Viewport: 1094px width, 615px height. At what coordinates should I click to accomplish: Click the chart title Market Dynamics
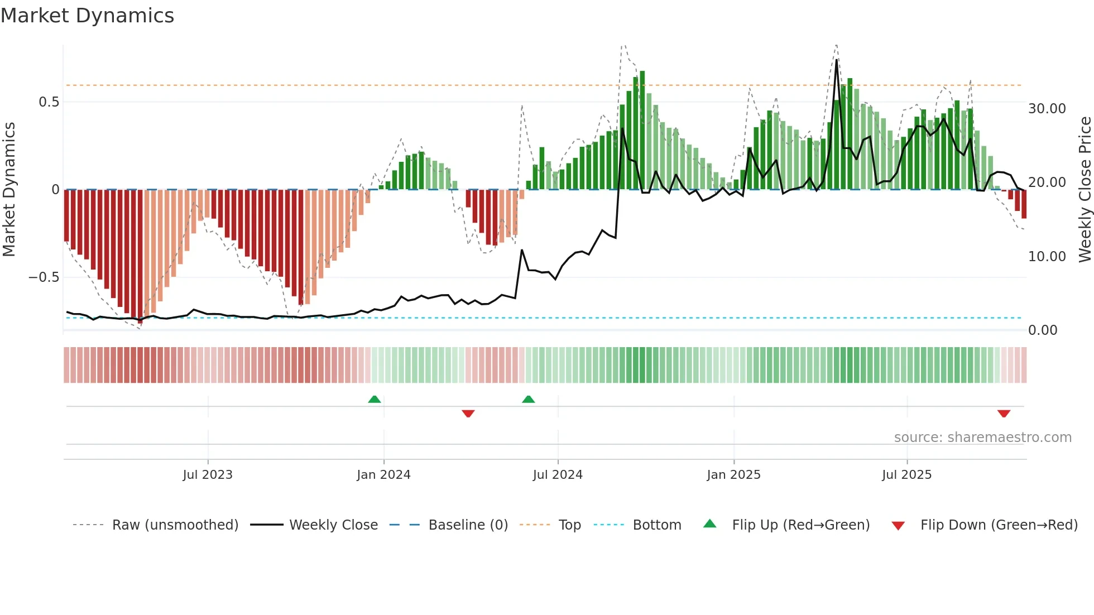tap(87, 16)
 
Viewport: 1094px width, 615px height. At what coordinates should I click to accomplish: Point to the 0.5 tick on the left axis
tap(49, 102)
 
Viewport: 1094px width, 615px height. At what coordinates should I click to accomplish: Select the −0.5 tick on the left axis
tap(44, 277)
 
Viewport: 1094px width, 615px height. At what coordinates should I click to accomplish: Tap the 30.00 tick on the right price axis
tap(1047, 109)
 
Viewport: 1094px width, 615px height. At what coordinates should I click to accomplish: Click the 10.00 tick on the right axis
tap(1047, 257)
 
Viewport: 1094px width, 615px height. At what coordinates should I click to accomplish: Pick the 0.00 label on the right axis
tap(1042, 330)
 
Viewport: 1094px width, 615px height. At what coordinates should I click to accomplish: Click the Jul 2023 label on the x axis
tap(208, 475)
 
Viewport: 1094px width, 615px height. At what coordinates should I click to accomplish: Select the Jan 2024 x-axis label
tap(383, 475)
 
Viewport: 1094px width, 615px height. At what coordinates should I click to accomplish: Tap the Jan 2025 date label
tap(733, 475)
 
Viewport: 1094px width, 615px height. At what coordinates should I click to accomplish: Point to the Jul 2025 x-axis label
tap(906, 475)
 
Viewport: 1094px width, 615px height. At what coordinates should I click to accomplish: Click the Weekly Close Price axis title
tap(1085, 190)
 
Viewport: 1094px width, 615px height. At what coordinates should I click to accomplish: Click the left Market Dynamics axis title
tap(9, 190)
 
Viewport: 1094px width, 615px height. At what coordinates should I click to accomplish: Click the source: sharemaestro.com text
tap(982, 438)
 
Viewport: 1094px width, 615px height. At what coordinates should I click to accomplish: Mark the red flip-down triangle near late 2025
tap(1004, 414)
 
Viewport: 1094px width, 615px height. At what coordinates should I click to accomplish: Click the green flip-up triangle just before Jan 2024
tap(375, 399)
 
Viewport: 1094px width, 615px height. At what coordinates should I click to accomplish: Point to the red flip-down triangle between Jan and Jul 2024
tap(468, 414)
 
